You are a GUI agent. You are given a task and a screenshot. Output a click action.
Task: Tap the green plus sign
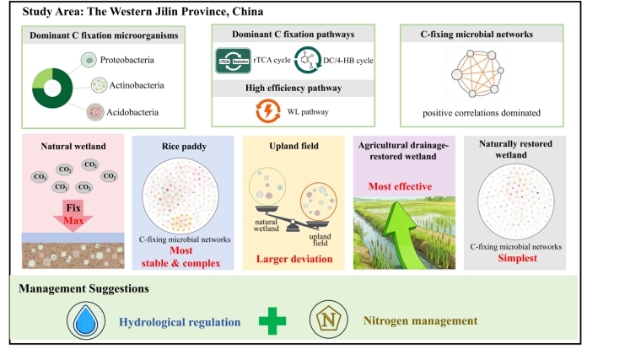pos(272,321)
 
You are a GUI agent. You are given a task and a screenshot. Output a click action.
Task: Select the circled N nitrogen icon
pos(326,321)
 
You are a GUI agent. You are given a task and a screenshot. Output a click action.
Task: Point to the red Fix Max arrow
pos(73,215)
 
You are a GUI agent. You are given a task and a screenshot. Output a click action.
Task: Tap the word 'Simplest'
pos(515,261)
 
